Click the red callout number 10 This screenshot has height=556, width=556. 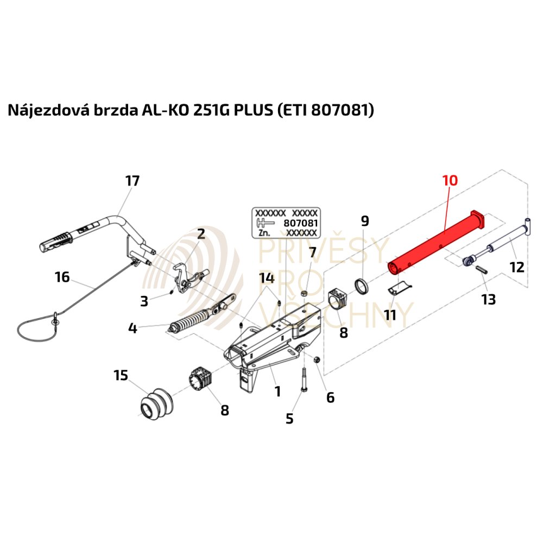coord(450,180)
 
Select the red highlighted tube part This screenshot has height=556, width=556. coord(434,242)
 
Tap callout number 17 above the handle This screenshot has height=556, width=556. coord(132,181)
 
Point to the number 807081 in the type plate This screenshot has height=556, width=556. coord(300,223)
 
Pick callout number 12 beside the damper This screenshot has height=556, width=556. coord(517,267)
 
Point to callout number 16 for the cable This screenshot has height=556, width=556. coord(62,277)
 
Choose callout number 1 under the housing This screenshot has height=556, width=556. coord(277,391)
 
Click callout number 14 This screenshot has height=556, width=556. coord(267,278)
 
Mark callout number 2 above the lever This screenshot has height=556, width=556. coord(201,234)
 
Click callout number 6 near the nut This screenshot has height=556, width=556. coord(330,397)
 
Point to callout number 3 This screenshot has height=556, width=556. coord(144,301)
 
